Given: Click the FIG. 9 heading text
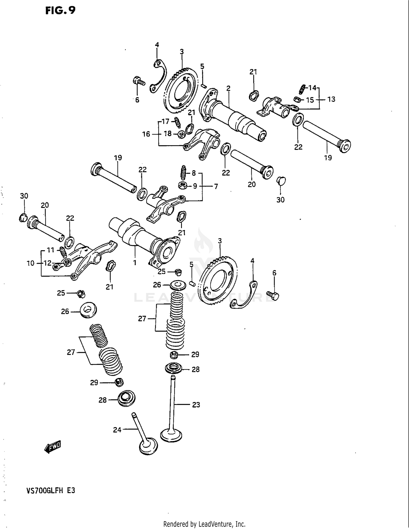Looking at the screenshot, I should click(x=60, y=10).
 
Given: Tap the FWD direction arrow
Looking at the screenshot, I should click(x=53, y=447).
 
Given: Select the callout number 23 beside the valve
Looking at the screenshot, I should click(x=196, y=405).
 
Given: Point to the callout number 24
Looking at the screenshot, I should click(x=117, y=430).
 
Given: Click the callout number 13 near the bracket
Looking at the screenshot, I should click(x=331, y=99).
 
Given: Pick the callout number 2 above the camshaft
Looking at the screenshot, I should click(x=228, y=88).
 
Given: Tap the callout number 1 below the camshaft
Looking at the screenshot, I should click(x=135, y=262).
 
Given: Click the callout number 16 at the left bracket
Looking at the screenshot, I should click(x=146, y=134).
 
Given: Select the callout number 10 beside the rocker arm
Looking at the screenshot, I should click(x=31, y=263).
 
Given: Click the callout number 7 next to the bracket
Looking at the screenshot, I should click(x=216, y=186).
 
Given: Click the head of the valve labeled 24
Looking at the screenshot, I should click(x=148, y=446).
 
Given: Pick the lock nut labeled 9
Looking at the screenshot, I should click(x=182, y=186).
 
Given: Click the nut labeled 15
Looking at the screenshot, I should click(x=298, y=99).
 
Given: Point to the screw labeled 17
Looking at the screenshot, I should click(x=178, y=122).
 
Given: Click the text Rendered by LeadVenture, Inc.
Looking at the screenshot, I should click(x=204, y=524).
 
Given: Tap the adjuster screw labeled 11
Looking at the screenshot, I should click(x=63, y=252).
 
